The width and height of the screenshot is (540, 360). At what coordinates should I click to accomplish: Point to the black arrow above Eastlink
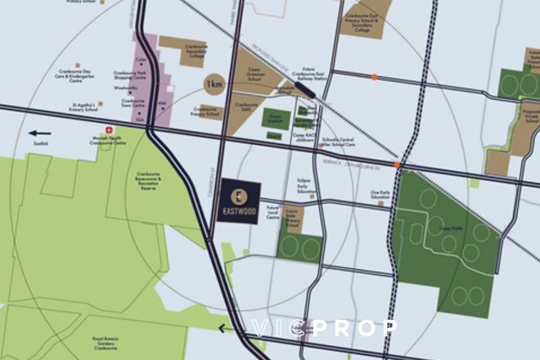(38, 132)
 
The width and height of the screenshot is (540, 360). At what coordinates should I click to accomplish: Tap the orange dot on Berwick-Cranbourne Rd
(397, 164)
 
